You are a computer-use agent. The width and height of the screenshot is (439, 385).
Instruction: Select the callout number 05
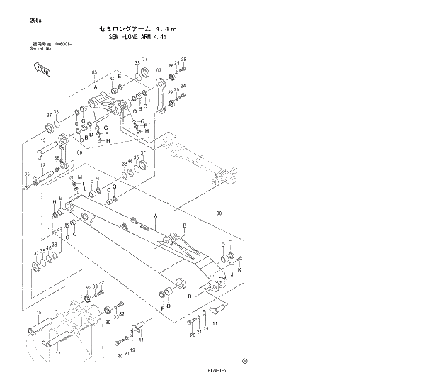(x=93, y=72)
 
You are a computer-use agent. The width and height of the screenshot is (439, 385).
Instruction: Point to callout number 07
(x=159, y=70)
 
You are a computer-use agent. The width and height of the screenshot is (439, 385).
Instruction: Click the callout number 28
(x=183, y=60)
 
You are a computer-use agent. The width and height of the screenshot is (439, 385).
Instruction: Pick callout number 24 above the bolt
(x=183, y=86)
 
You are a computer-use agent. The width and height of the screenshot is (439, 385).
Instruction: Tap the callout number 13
(x=42, y=140)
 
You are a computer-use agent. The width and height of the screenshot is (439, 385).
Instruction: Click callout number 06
(x=79, y=152)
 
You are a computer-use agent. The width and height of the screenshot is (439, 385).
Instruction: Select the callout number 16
(x=38, y=312)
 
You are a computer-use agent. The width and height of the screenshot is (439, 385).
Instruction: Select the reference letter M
(x=80, y=176)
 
